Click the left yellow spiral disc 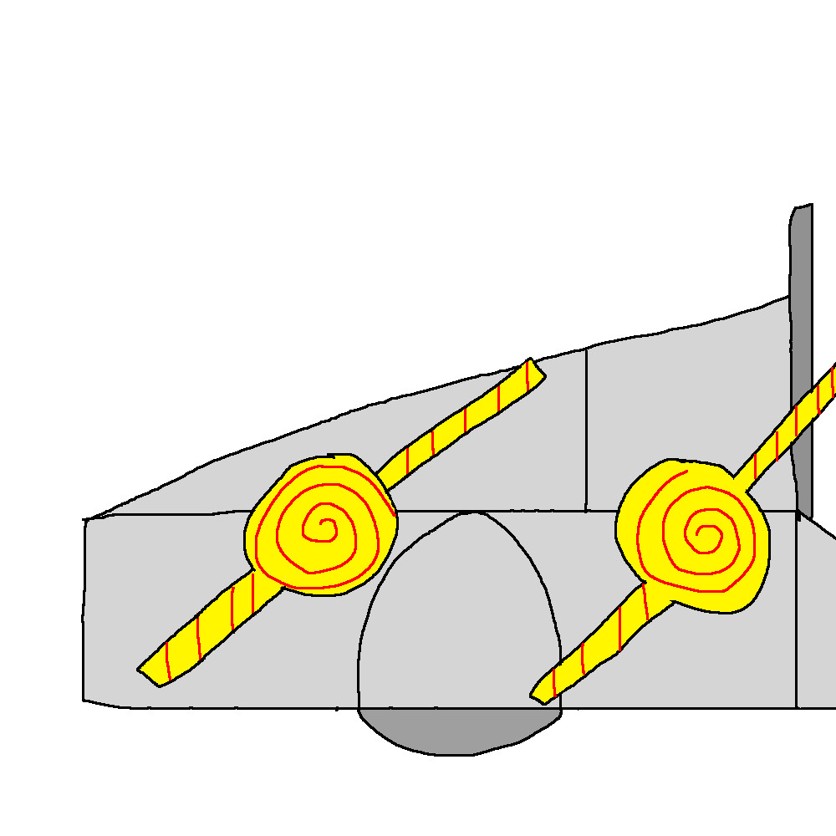pos(321,527)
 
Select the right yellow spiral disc pos(692,535)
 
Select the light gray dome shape pos(460,619)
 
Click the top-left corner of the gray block pos(85,520)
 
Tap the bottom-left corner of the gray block pos(84,700)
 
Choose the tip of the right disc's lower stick pos(537,693)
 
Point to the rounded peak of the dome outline pos(473,512)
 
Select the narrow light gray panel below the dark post pos(815,619)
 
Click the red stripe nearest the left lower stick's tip pos(168,660)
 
